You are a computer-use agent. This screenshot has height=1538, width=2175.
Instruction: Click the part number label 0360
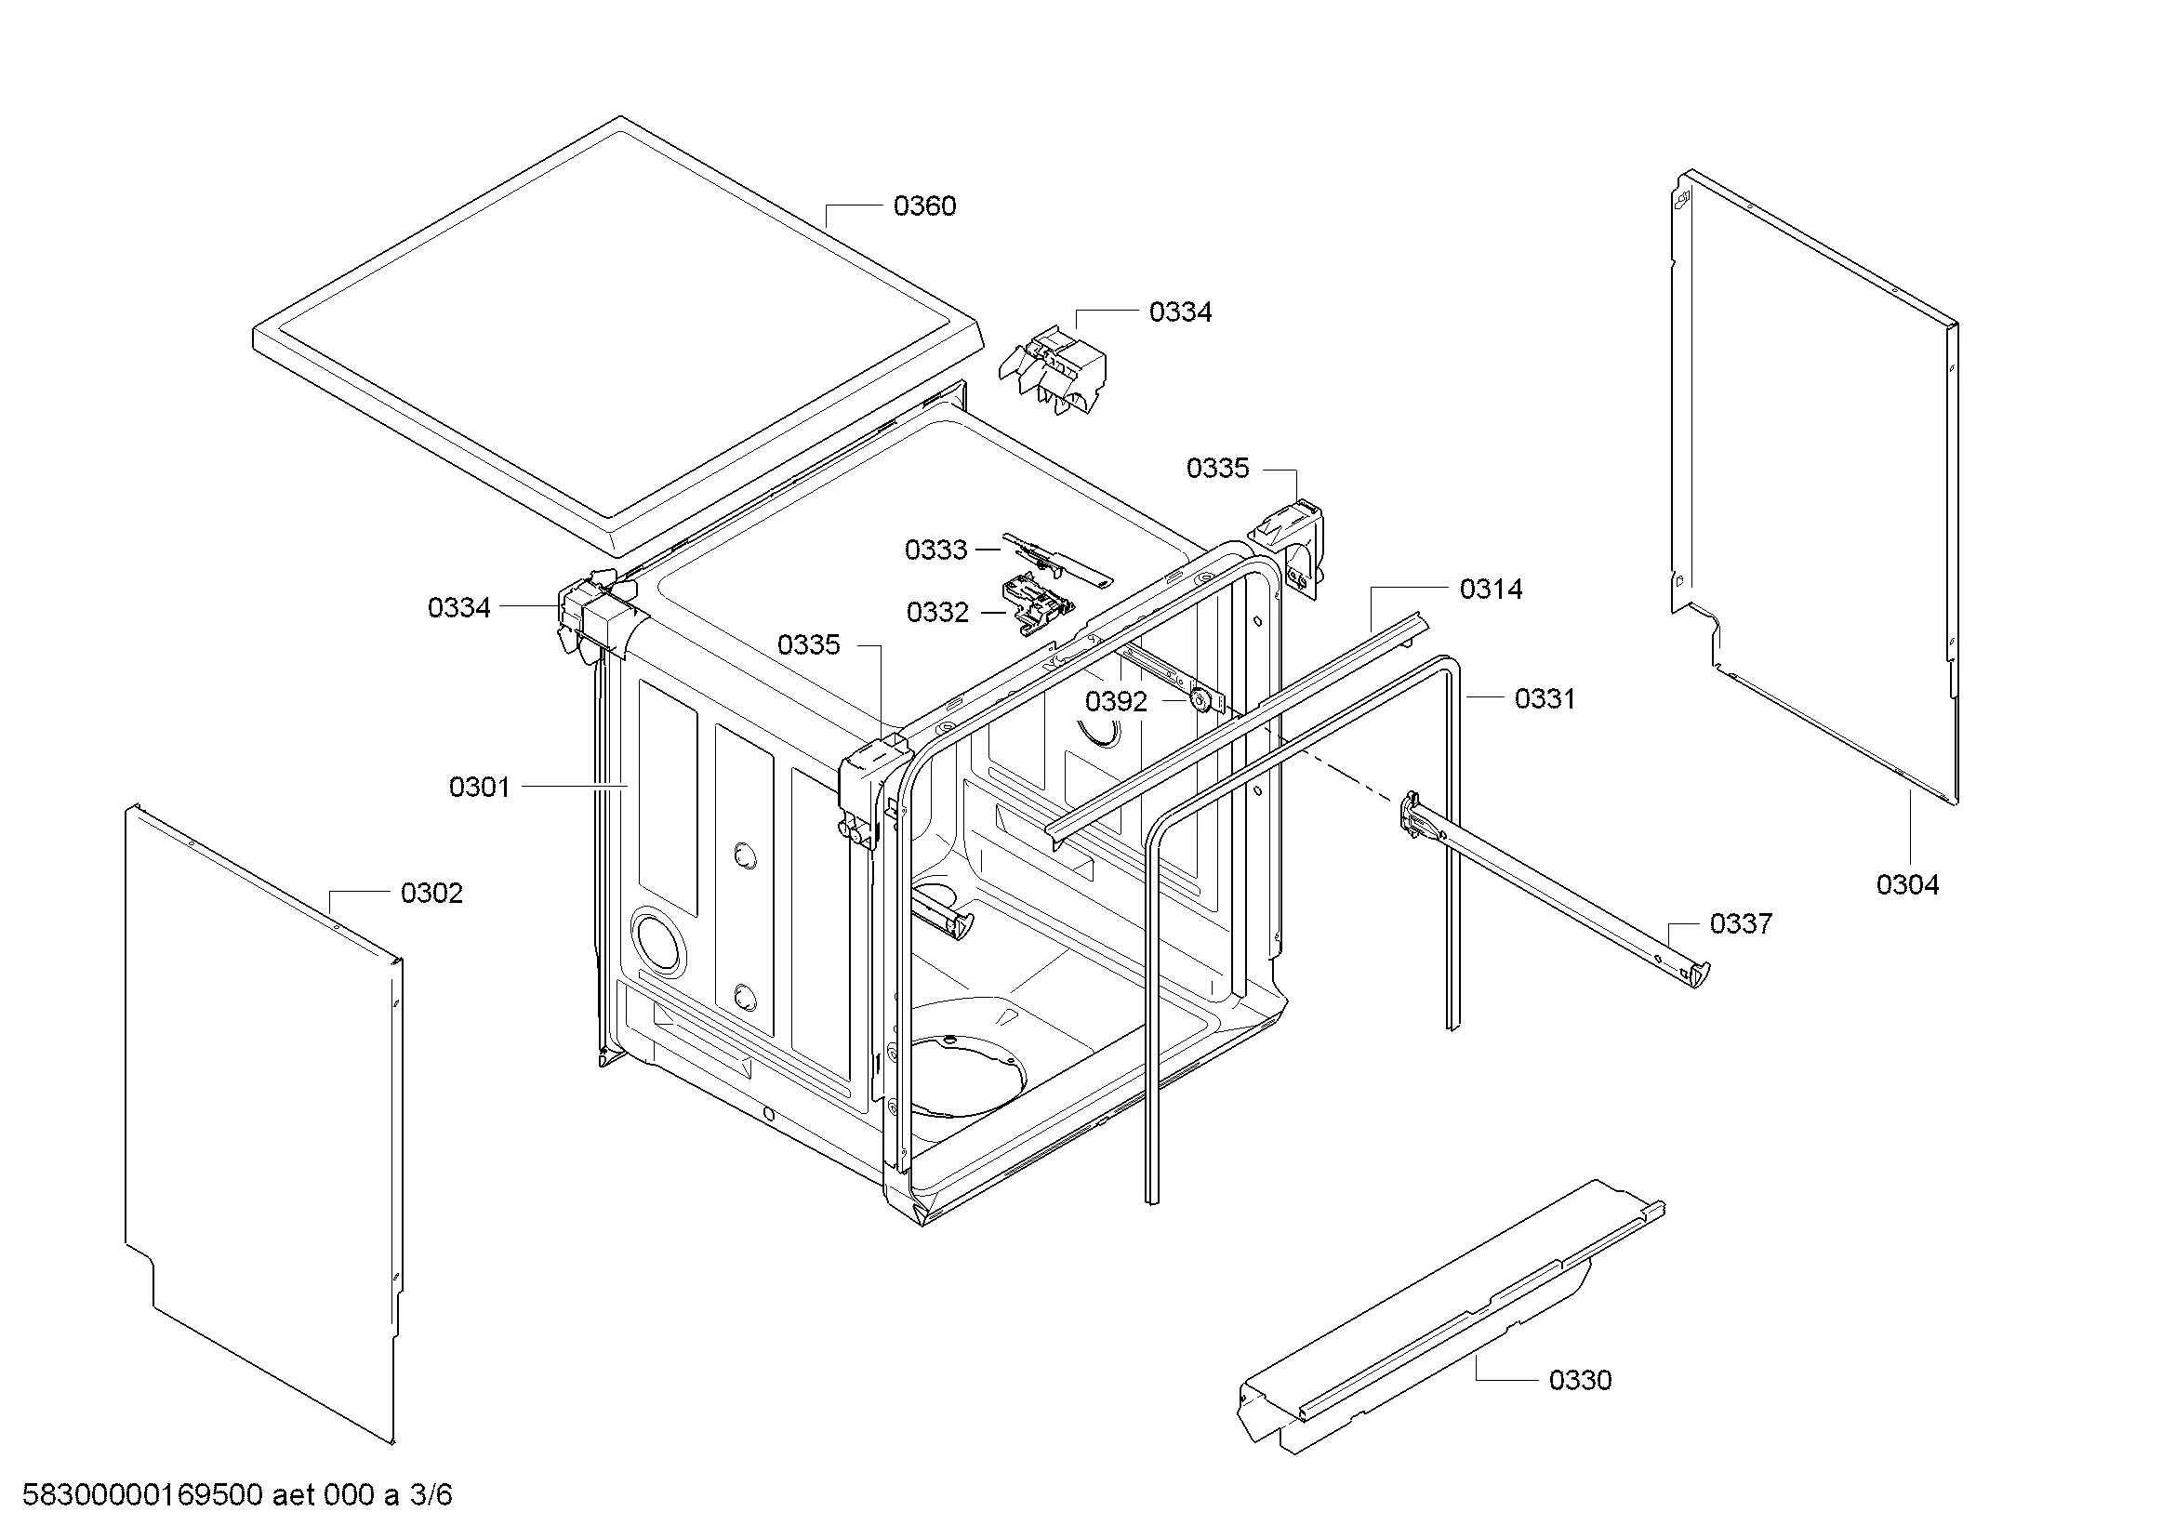(923, 206)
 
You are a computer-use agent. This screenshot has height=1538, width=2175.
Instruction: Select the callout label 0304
(1907, 885)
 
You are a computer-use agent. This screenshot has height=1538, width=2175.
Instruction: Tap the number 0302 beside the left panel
(431, 893)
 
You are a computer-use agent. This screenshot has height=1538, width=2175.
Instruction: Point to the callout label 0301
(478, 787)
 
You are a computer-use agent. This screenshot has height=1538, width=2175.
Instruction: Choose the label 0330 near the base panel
(1579, 1380)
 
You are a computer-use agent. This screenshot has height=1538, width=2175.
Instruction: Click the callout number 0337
(1740, 923)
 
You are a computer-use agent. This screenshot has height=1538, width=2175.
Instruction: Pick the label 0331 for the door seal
(1545, 699)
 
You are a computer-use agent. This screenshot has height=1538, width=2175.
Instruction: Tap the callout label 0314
(1490, 589)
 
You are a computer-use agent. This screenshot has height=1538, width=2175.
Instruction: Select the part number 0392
(1115, 702)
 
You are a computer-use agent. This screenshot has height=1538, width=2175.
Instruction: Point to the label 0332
(937, 613)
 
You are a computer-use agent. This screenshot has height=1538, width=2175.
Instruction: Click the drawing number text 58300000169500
(142, 1495)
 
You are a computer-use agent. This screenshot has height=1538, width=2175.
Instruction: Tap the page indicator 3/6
(431, 1495)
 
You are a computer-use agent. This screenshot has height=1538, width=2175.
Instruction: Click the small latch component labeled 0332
(1038, 606)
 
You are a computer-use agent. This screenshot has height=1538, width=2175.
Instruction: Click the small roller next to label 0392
(1201, 701)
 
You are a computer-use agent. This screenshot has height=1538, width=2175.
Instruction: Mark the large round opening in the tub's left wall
(656, 939)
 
